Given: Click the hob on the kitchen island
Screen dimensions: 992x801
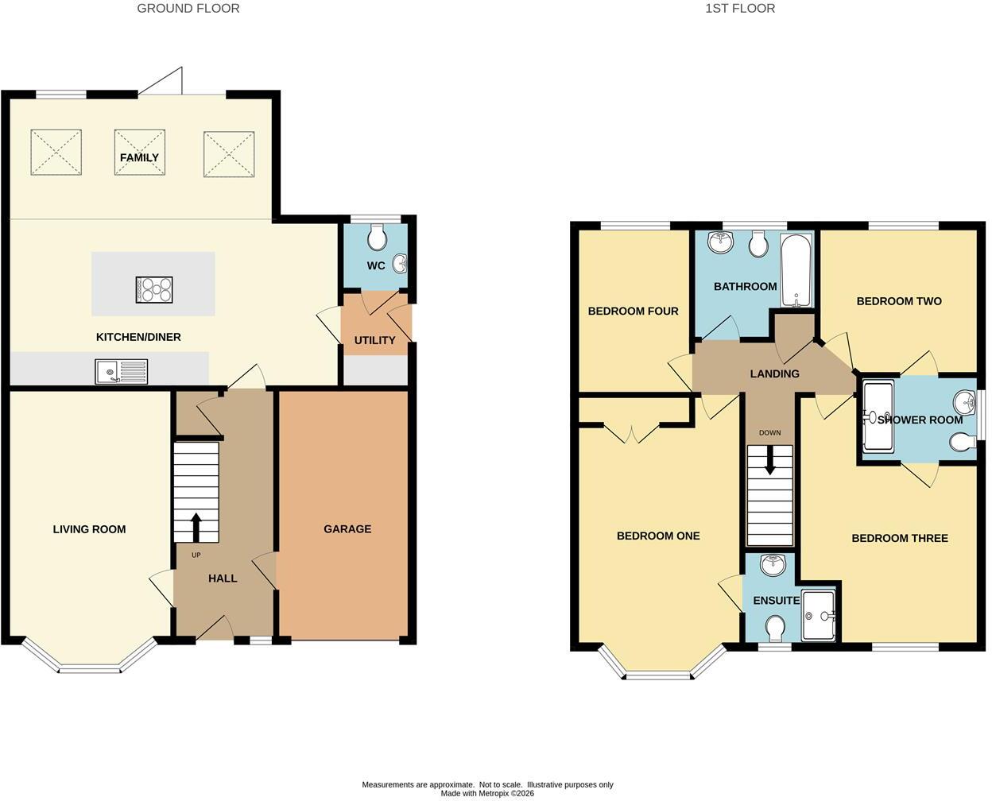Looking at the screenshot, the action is coord(154,289).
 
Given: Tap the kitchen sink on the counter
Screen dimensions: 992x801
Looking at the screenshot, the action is coord(121,371).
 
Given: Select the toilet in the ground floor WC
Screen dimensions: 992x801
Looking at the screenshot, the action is coord(377,237).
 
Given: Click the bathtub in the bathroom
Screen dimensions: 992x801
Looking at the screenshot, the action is coord(796,270).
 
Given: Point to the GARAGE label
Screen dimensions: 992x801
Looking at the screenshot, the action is coord(347,528).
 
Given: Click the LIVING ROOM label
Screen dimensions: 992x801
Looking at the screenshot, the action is coord(89,529).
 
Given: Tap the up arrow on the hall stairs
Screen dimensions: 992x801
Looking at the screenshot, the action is coord(196,528).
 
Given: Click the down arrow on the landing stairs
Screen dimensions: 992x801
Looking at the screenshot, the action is coord(770,460).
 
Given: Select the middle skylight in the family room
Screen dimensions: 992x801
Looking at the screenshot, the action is coord(140,153).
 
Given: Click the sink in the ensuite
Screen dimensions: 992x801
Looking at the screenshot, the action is coord(773,565).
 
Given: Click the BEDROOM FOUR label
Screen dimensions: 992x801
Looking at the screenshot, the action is coord(633,311).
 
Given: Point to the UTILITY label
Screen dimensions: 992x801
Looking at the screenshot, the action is coord(375,340).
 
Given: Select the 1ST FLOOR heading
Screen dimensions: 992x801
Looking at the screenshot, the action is coord(740,9).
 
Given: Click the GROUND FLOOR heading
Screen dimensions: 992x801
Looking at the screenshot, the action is coord(188,9).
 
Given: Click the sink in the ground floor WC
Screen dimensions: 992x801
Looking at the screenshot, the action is coord(400,264).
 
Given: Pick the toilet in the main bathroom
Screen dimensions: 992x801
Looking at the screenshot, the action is coord(758,244).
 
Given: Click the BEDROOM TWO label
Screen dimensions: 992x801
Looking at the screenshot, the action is coord(899,301).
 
